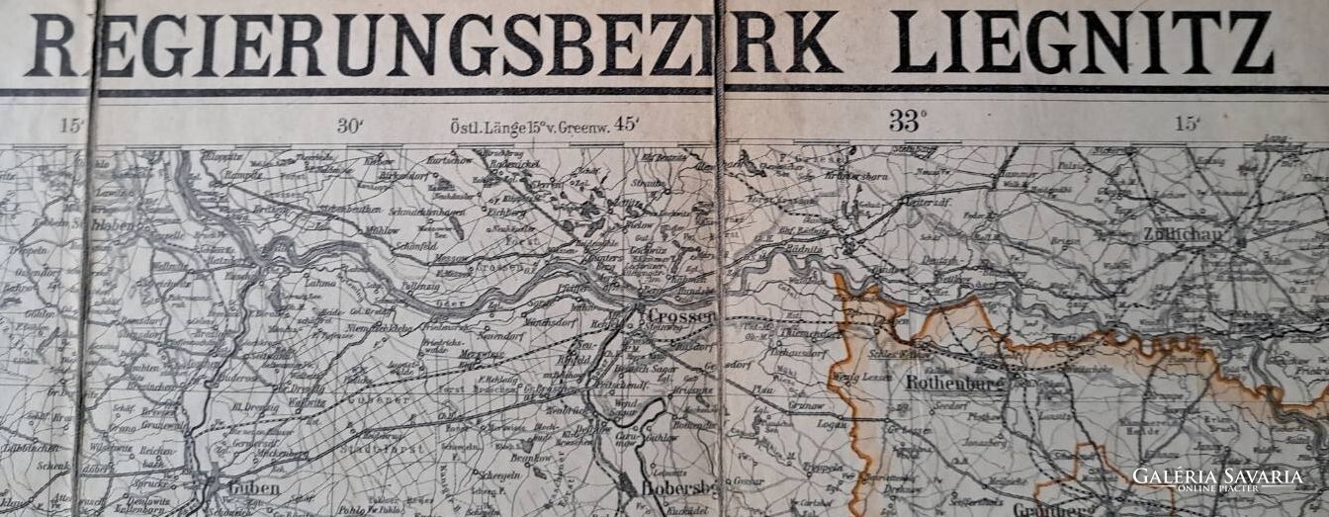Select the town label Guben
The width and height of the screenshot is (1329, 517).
tap(253, 487)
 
